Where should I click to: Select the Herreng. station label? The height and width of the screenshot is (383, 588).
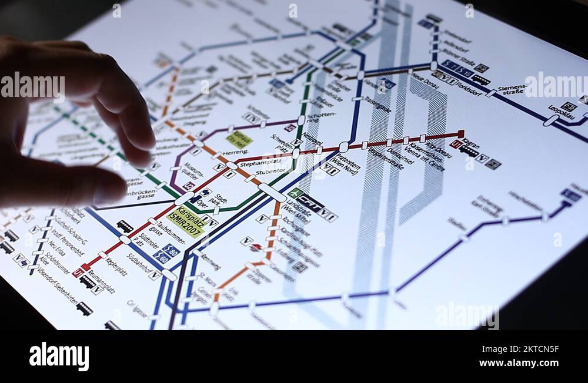pyautogui.click(x=235, y=152)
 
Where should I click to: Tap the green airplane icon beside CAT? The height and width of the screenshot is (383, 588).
pyautogui.click(x=295, y=192)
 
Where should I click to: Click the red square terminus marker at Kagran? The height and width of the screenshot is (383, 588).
pyautogui.click(x=460, y=134)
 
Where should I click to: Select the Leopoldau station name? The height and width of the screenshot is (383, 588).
pyautogui.click(x=561, y=111)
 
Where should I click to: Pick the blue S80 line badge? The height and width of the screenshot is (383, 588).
pyautogui.click(x=171, y=249)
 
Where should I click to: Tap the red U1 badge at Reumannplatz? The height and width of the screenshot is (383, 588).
pyautogui.click(x=77, y=273)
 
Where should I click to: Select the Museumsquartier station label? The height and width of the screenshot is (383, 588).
pyautogui.click(x=192, y=174)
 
